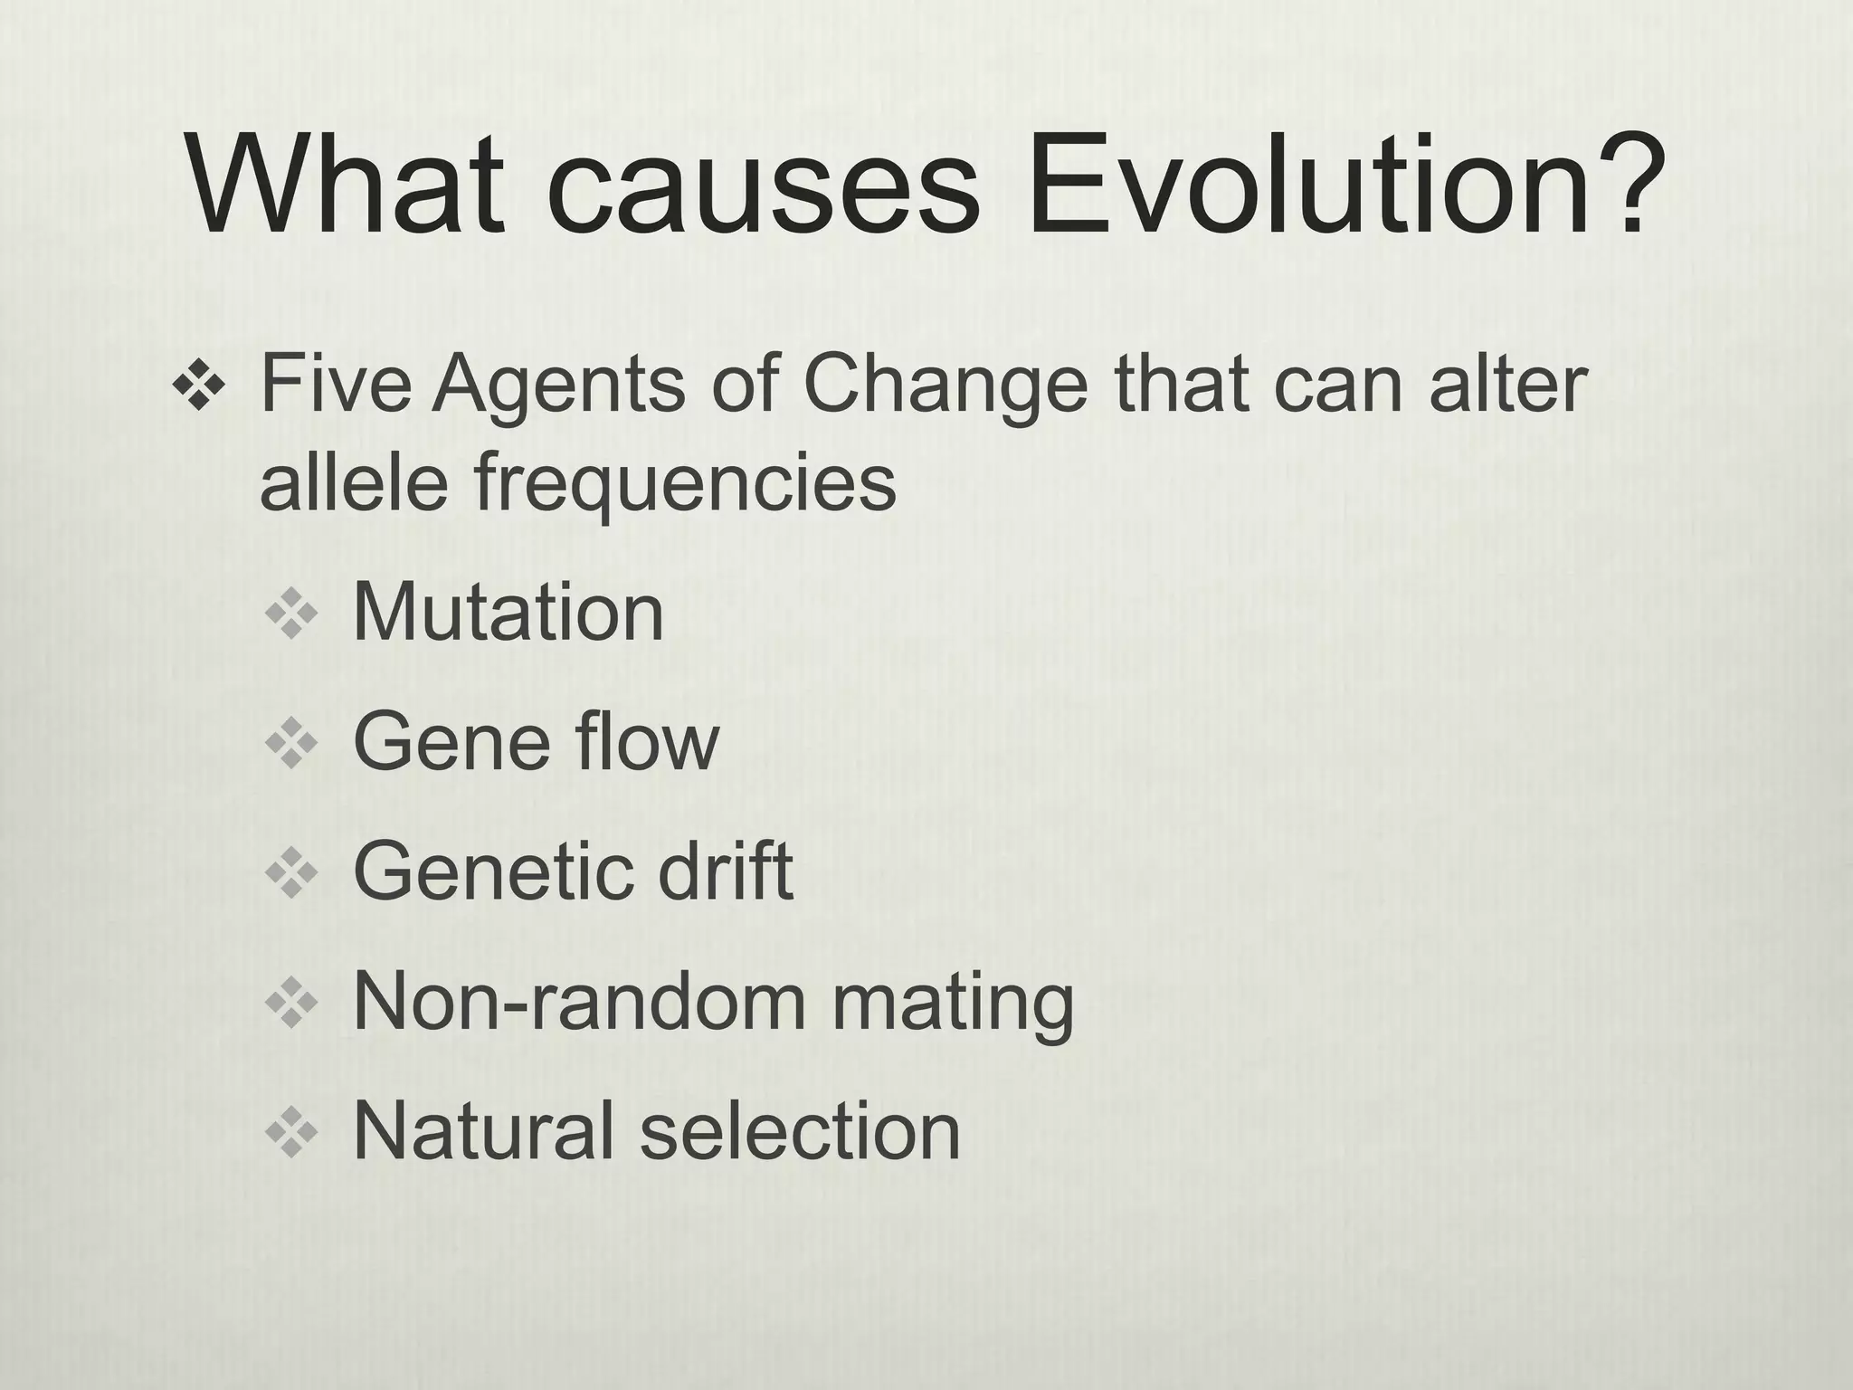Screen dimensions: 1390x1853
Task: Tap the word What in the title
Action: [x=345, y=188]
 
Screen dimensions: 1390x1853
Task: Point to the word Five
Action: [x=336, y=384]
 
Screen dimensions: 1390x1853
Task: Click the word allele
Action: [x=354, y=481]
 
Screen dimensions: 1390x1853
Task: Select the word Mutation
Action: [x=508, y=613]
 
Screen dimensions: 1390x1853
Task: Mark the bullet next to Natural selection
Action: [x=291, y=1133]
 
